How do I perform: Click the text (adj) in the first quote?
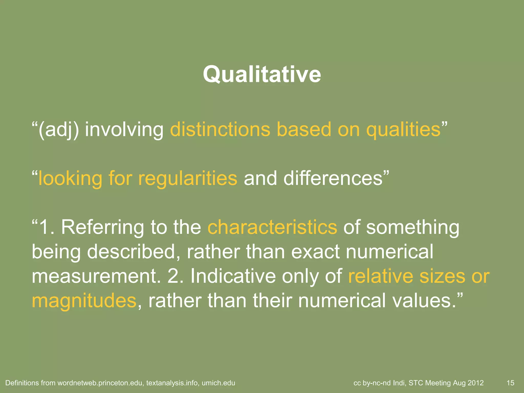[58, 130]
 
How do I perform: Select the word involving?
[124, 130]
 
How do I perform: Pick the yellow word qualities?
[403, 130]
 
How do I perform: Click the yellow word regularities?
[188, 178]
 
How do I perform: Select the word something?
[412, 227]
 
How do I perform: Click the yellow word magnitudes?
[84, 301]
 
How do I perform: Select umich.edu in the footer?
[218, 383]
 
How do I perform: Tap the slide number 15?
[510, 383]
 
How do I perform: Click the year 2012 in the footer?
[475, 383]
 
